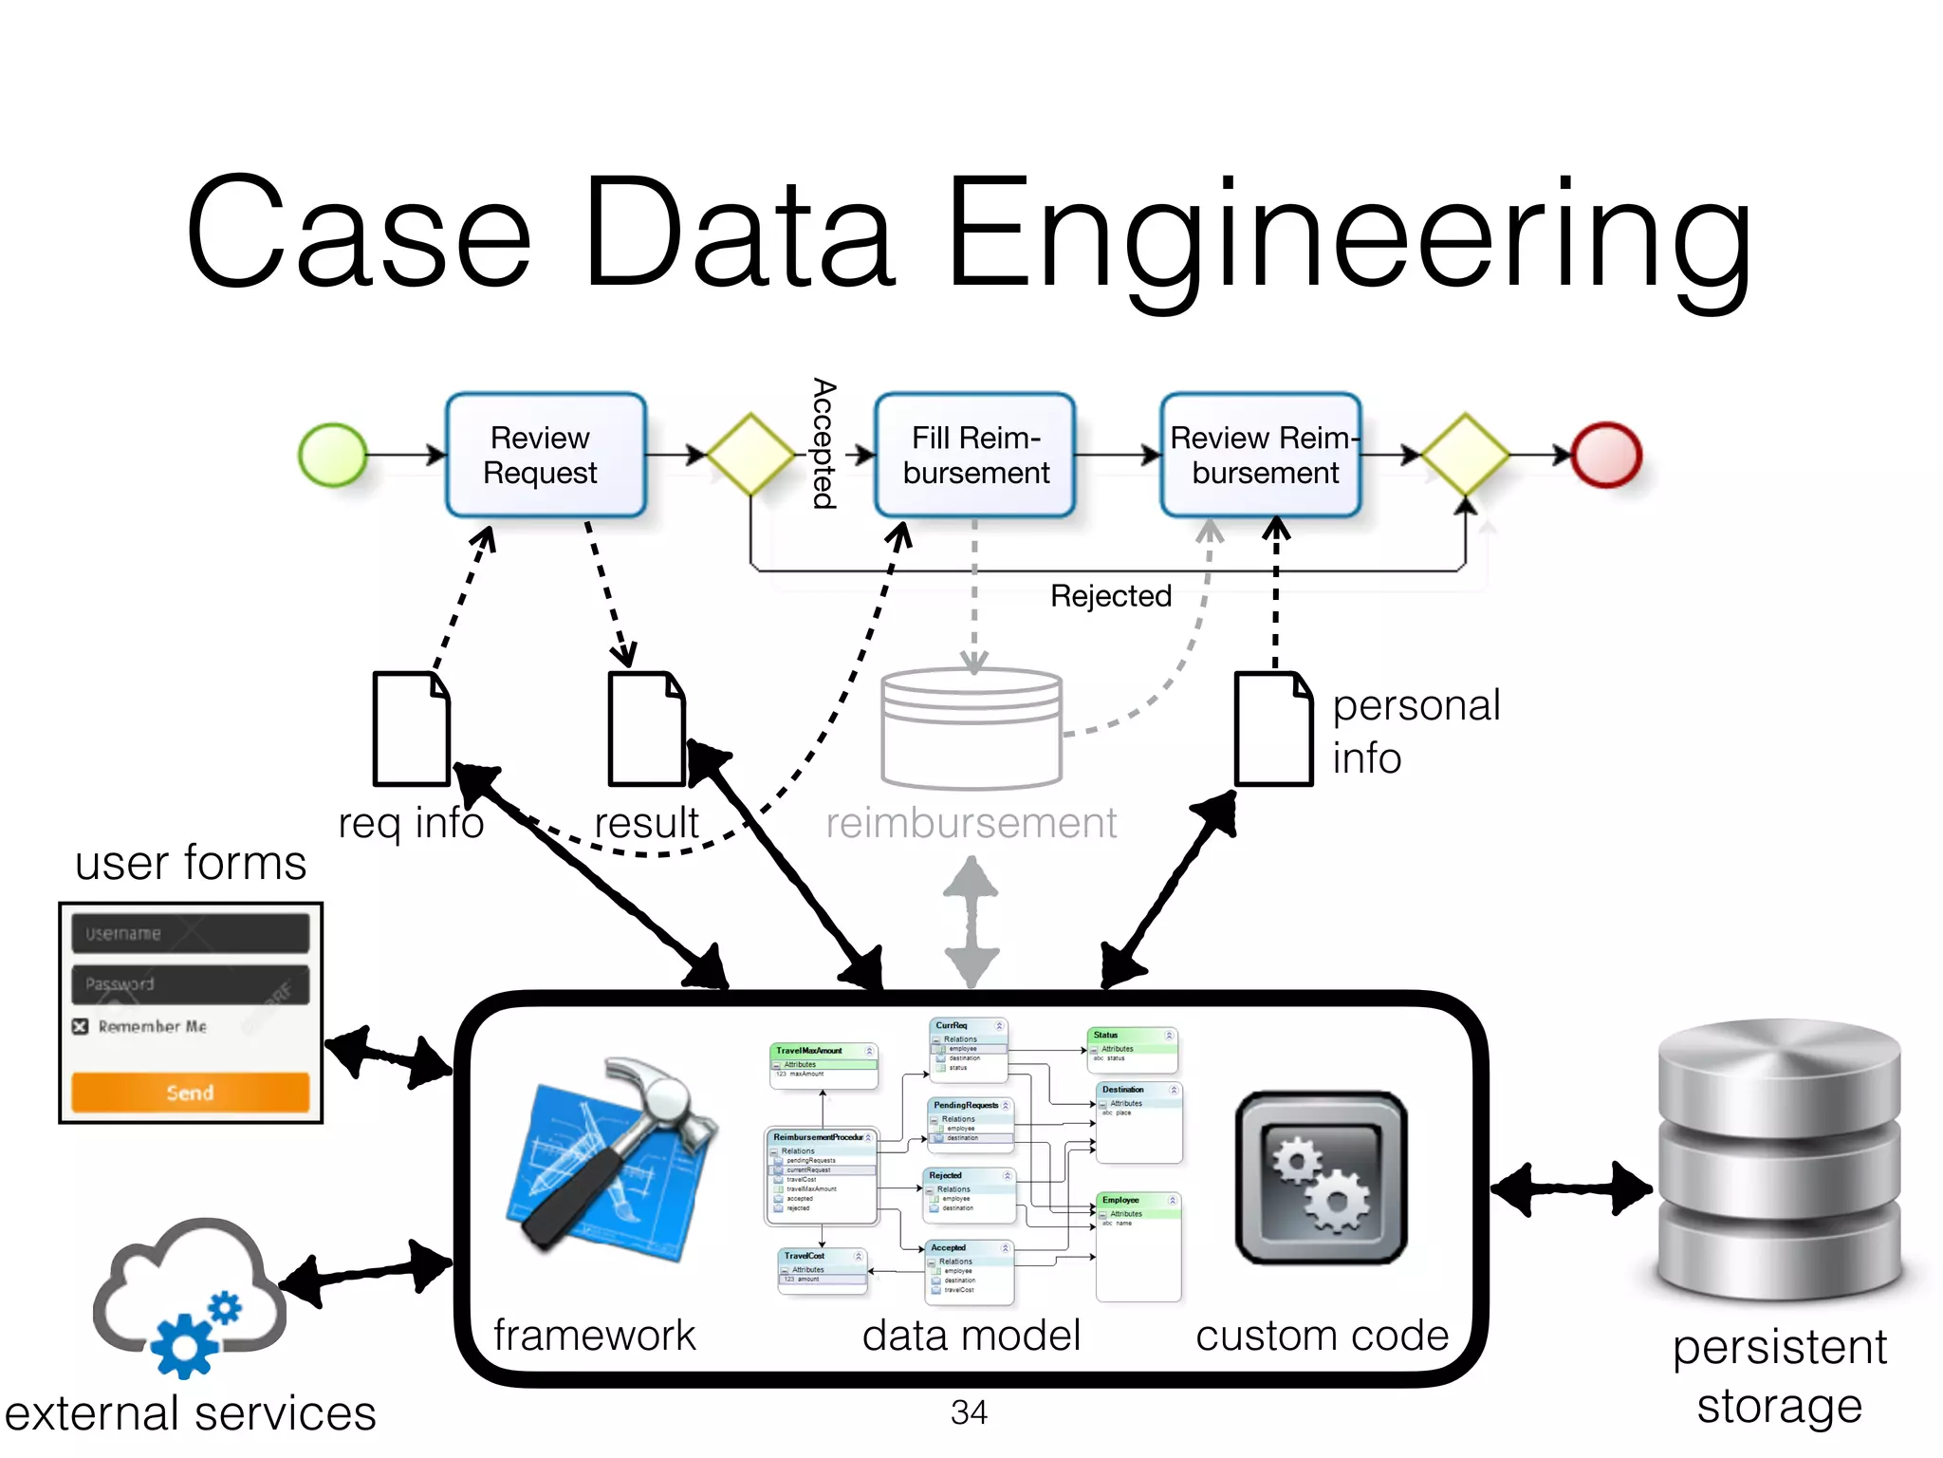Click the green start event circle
[333, 456]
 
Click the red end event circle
[1605, 456]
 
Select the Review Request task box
[546, 456]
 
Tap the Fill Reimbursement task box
[975, 456]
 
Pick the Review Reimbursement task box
[1261, 456]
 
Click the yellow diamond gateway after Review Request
[750, 455]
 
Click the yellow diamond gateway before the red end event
[1465, 455]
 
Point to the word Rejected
[1110, 596]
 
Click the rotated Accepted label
[823, 443]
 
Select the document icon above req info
[411, 729]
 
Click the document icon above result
[646, 729]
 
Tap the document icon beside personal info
[1273, 729]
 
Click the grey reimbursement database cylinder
[971, 729]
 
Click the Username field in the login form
[190, 933]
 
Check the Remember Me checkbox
[81, 1026]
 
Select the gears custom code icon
[1321, 1177]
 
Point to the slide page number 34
[969, 1412]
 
